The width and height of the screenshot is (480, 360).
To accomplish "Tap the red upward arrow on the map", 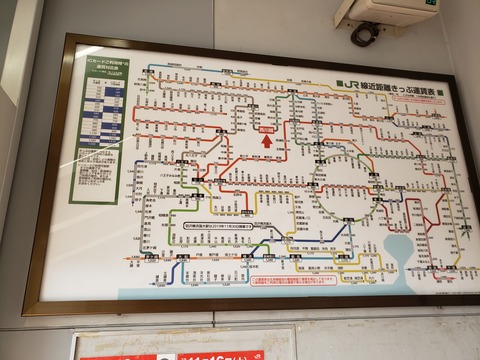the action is [266, 141].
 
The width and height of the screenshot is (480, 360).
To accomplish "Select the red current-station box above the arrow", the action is [266, 129].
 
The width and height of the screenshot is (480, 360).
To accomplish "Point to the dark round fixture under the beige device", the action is [361, 35].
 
